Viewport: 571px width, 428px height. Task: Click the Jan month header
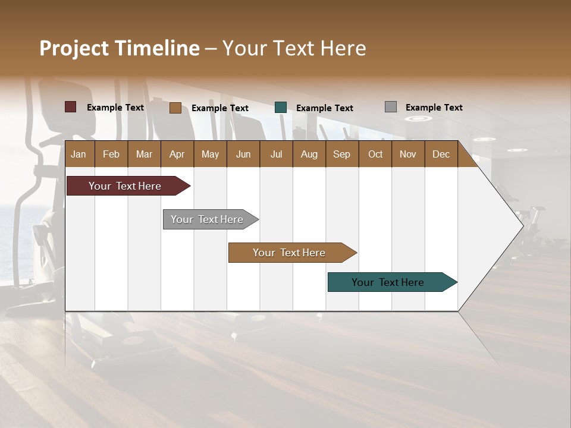click(79, 155)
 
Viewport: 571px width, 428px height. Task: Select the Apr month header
click(177, 155)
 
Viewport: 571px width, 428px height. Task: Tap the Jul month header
click(276, 155)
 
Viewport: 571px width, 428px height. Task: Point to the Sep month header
click(341, 155)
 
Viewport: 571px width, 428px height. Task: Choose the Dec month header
click(441, 155)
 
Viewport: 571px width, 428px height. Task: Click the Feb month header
click(111, 155)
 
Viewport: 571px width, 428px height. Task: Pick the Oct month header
click(375, 155)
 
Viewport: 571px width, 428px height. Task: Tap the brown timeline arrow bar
click(290, 253)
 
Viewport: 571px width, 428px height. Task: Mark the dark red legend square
click(71, 107)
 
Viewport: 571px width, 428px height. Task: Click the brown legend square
click(175, 108)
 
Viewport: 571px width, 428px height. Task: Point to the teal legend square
click(281, 108)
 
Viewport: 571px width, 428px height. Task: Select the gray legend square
click(391, 107)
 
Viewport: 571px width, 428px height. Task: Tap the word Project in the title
click(74, 48)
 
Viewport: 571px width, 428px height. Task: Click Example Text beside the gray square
click(434, 108)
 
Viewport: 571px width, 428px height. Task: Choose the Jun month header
click(243, 155)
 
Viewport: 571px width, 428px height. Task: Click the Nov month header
click(408, 155)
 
